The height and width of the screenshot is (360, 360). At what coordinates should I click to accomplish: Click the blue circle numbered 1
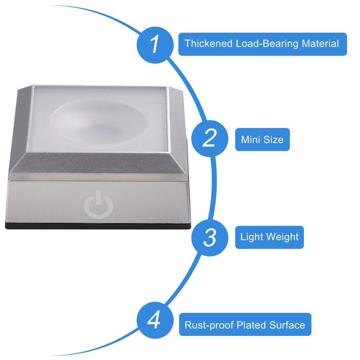155,45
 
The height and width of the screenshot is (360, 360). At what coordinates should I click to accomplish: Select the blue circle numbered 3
210,237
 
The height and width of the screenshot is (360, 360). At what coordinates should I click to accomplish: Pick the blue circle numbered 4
155,320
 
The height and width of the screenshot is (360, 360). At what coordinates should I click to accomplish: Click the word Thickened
209,44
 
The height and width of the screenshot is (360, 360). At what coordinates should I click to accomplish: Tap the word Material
320,44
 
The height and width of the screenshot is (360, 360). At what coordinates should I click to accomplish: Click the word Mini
251,140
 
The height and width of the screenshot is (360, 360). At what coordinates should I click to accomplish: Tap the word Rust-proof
209,325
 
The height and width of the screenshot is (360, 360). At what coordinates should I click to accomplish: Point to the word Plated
251,325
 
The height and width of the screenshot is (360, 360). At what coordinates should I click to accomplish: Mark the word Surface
287,325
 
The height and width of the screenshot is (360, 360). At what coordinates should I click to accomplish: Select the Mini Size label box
263,140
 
